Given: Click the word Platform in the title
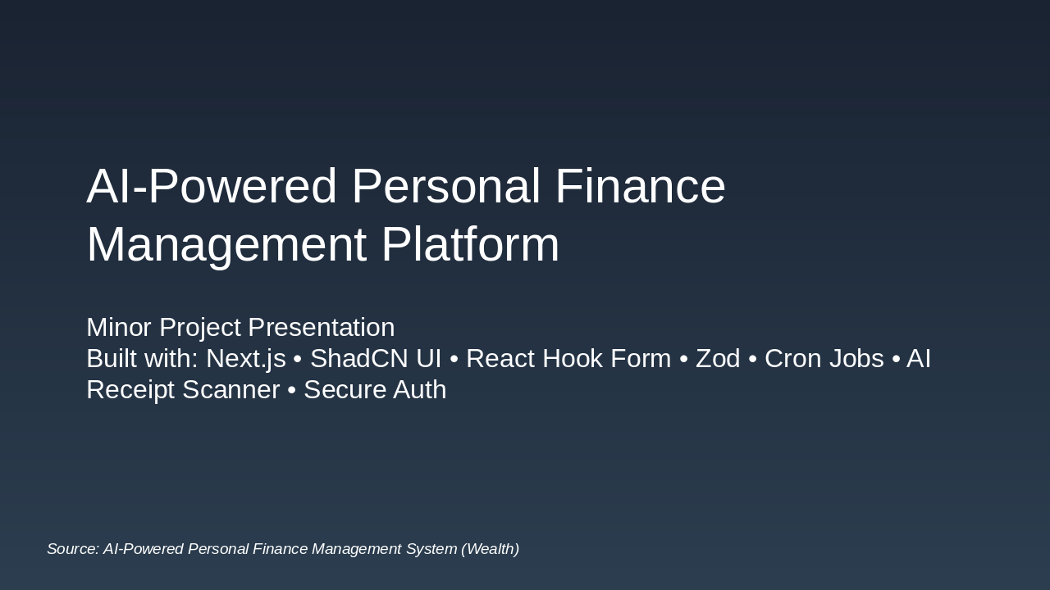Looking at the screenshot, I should click(469, 244).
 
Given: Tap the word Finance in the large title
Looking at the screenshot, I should click(640, 186).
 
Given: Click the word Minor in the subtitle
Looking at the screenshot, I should click(119, 327).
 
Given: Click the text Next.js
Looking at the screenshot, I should click(245, 358).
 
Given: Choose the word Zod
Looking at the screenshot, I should click(718, 358).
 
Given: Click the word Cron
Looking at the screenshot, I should click(794, 358).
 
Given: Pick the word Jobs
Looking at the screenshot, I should click(857, 358).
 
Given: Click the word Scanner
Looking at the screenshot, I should click(232, 389).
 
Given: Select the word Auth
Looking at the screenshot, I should click(420, 389).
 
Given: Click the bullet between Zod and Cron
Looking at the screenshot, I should click(752, 359).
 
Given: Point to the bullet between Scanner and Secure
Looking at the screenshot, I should click(291, 390).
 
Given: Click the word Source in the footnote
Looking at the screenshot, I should click(72, 549).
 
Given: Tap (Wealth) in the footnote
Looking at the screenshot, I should click(490, 549).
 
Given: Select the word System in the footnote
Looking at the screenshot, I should click(431, 549).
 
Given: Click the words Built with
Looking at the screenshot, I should click(141, 358).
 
